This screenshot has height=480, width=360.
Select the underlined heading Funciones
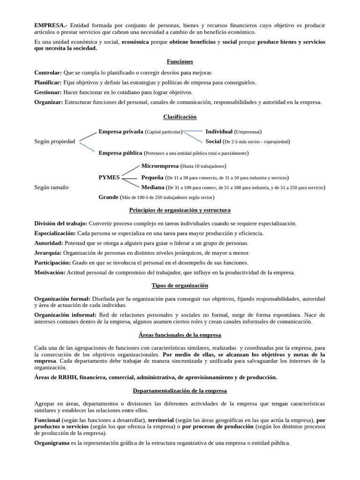click(180, 61)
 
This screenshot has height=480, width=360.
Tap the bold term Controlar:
click(48, 73)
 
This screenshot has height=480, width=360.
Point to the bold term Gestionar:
click(48, 92)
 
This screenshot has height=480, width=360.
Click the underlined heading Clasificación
click(180, 117)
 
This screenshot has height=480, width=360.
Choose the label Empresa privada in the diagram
click(120, 132)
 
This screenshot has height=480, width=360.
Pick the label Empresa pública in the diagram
click(120, 152)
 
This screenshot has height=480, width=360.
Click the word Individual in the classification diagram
click(219, 132)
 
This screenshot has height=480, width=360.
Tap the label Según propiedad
click(54, 142)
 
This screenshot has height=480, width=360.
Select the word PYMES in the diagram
click(109, 178)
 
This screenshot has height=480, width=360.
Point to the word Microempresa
click(160, 166)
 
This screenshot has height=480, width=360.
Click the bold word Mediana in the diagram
click(153, 187)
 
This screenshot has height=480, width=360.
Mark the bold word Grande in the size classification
click(108, 197)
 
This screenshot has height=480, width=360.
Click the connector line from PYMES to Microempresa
click(131, 171)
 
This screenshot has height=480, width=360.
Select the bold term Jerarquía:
click(48, 253)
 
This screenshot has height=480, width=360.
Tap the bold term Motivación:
click(50, 272)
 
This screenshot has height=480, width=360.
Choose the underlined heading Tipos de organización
click(180, 285)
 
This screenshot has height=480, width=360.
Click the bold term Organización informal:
click(65, 315)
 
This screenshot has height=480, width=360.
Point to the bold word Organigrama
click(52, 442)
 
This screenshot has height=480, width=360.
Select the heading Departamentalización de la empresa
click(180, 390)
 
